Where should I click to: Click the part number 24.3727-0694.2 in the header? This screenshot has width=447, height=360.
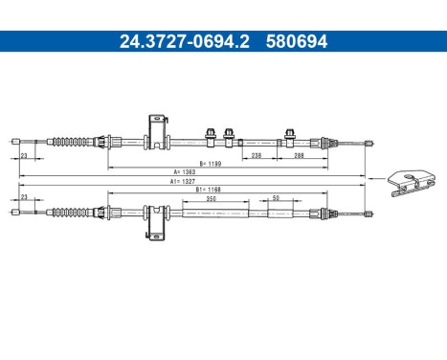click(x=173, y=41)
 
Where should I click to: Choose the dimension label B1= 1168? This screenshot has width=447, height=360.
click(x=209, y=190)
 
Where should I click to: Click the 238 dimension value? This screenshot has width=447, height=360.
click(x=256, y=154)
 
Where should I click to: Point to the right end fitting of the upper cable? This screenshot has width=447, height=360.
click(x=366, y=143)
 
